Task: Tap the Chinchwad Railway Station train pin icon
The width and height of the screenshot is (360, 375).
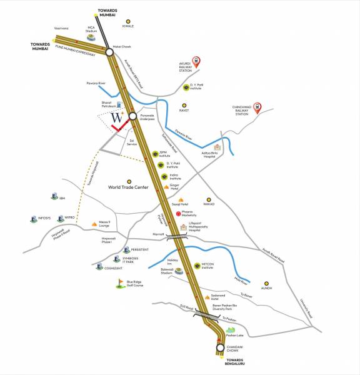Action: click(258, 108)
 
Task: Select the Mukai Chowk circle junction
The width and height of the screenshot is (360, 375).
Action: click(109, 53)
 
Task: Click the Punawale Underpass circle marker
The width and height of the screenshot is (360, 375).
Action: click(132, 116)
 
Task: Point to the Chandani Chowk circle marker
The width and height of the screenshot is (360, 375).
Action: click(220, 347)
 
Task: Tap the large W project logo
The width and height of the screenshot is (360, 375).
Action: click(117, 117)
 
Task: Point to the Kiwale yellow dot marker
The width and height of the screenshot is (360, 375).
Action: click(129, 21)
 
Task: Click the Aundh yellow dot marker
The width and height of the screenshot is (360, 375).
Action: click(266, 282)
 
